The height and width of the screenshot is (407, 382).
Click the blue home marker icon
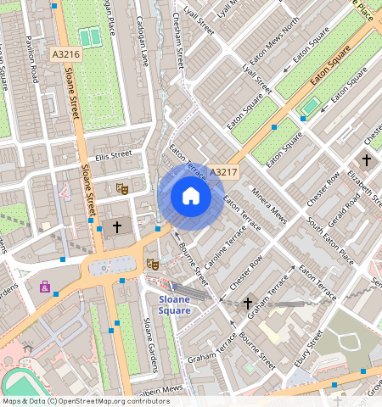pos(191,198)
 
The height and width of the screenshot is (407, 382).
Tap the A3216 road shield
pos(65,53)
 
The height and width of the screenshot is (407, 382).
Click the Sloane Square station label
pos(175,304)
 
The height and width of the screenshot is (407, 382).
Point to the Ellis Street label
pos(114,155)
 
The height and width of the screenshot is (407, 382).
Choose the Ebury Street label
pos(313,350)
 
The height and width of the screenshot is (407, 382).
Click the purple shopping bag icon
pos(44,287)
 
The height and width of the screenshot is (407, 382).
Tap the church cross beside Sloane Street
pos(117,227)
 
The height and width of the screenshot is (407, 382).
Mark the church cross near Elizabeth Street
pos(367,159)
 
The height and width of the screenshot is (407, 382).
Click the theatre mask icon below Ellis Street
pos(121,188)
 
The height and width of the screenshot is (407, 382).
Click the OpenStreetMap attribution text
pos(74,401)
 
